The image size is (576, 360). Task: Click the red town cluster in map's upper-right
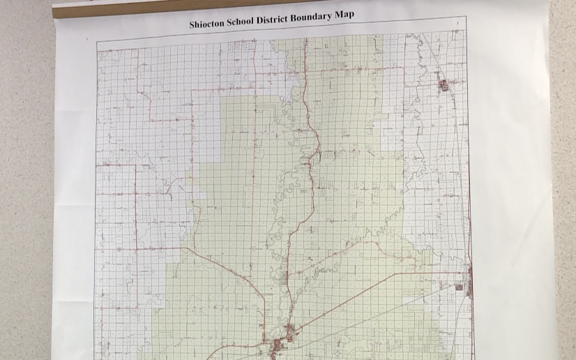point(443,85)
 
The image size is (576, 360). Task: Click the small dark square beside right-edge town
point(459,287)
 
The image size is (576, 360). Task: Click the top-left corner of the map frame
point(97,43)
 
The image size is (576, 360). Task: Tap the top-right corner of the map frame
point(465,17)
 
